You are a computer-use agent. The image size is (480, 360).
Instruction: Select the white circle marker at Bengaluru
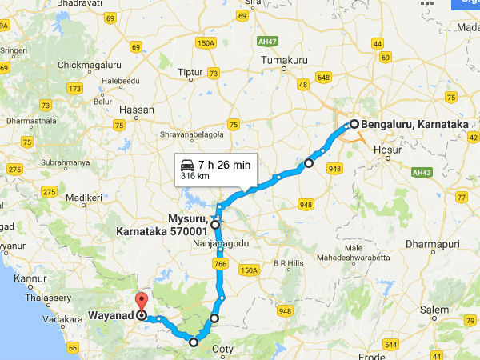tap(354, 124)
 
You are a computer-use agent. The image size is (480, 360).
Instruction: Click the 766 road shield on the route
tap(221, 263)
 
